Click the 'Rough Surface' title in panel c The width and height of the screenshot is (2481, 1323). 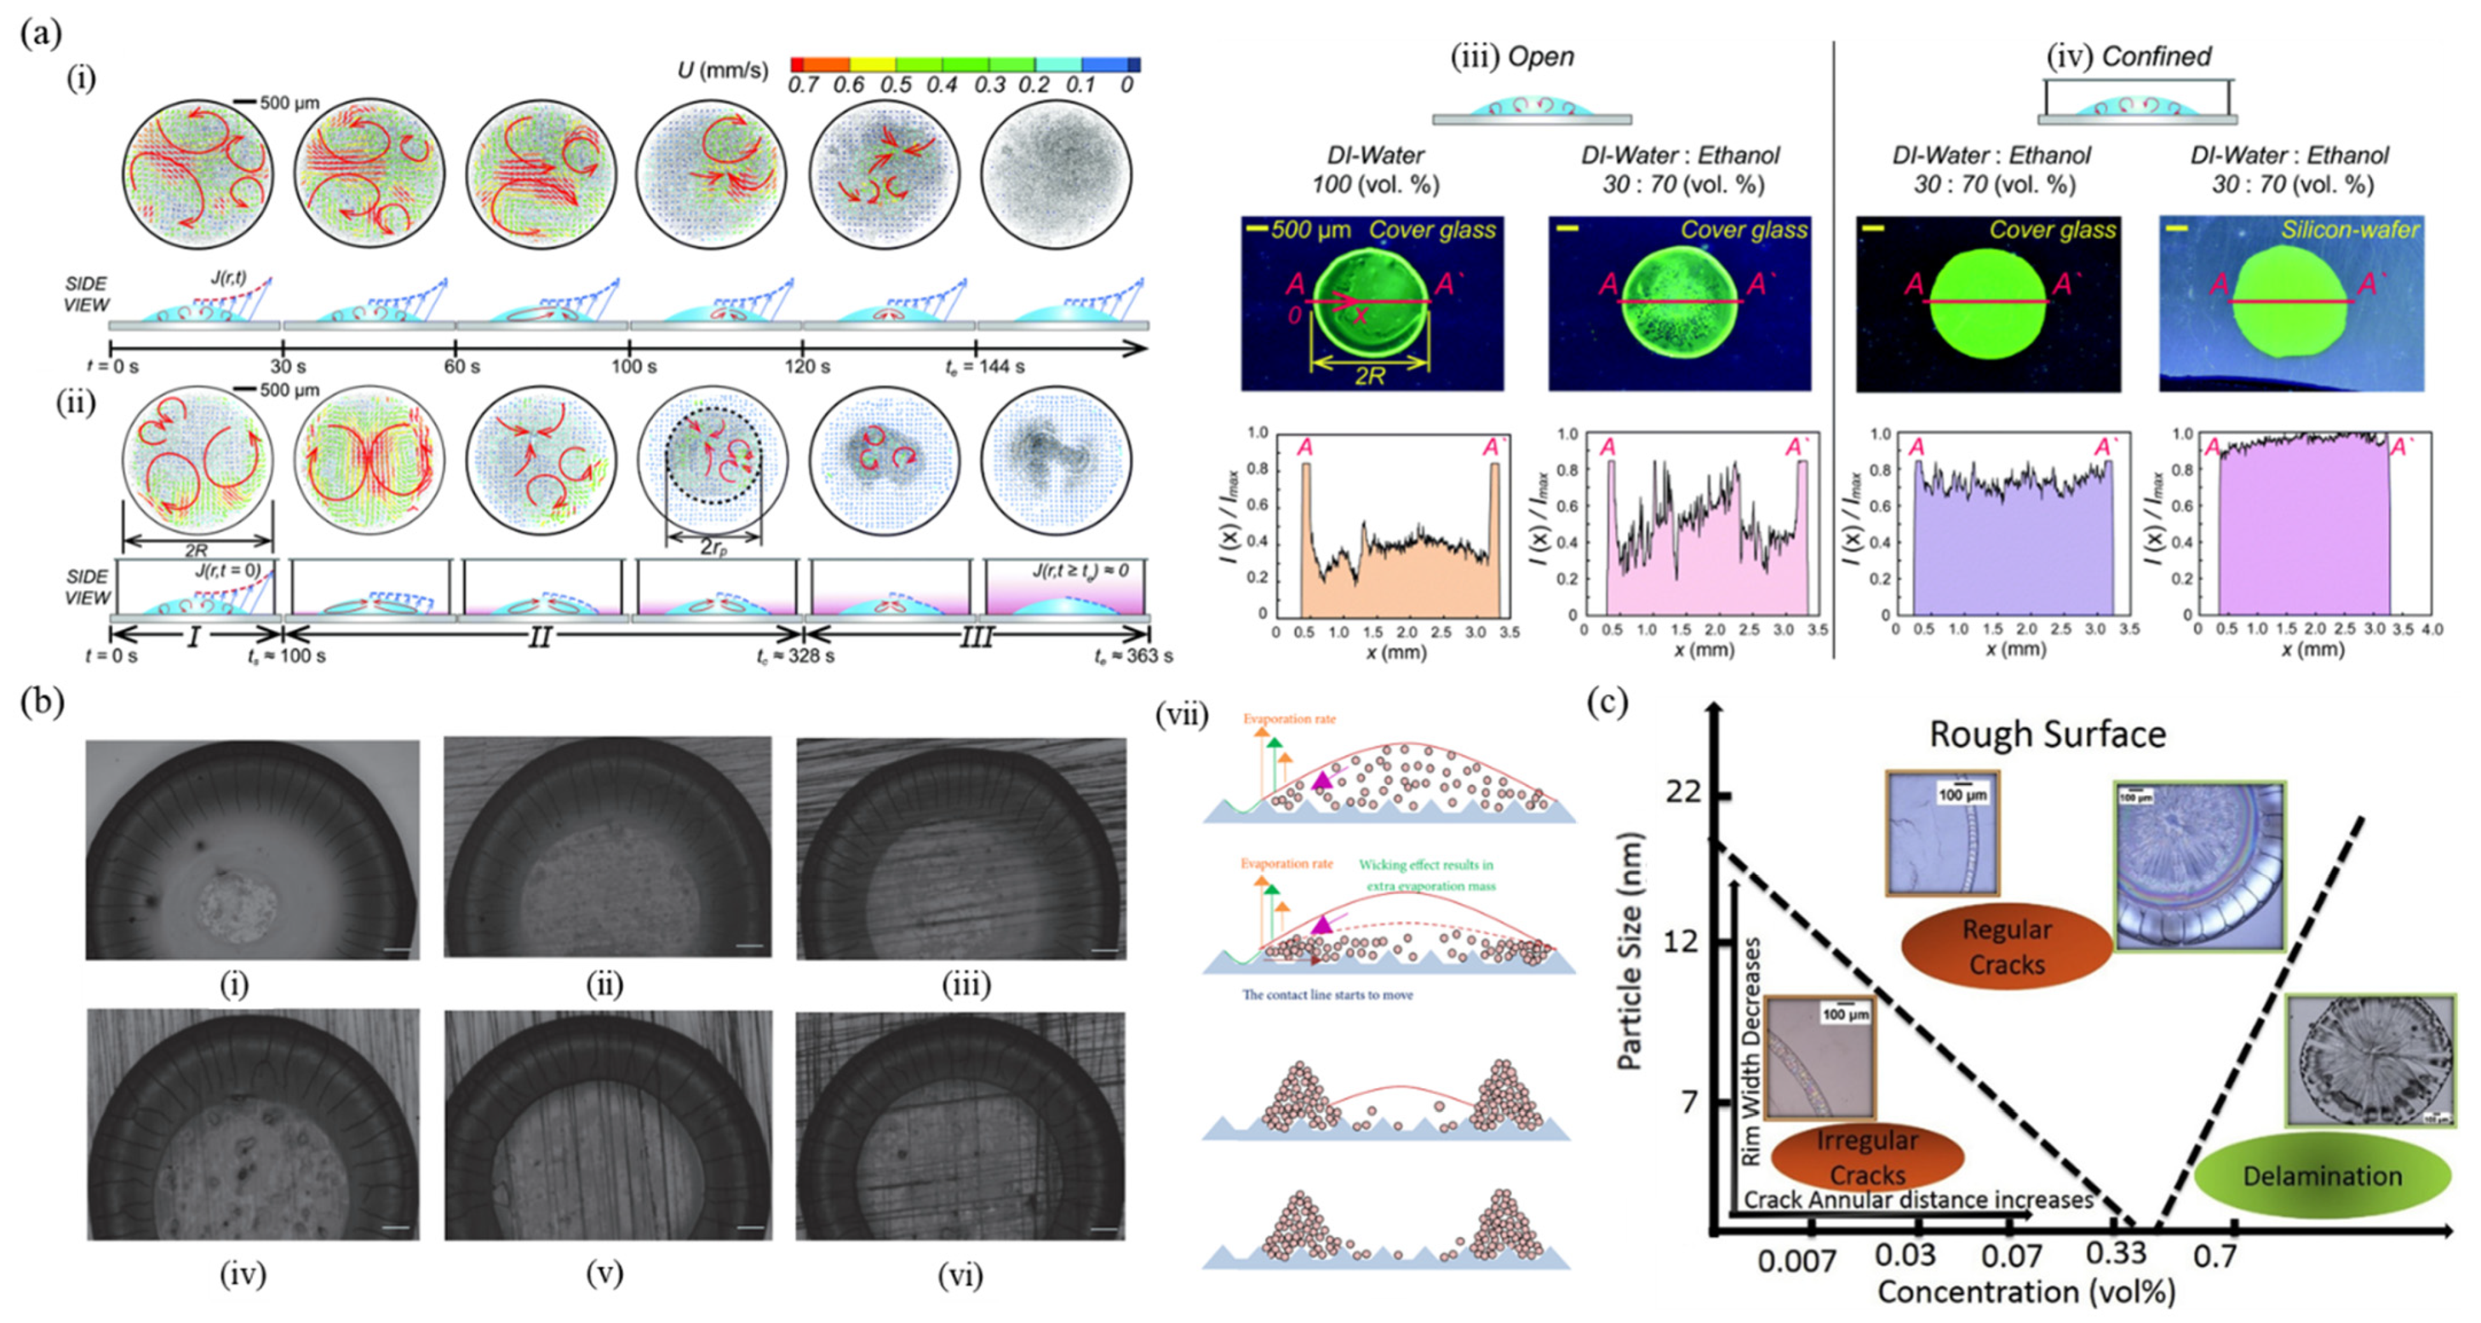2048,735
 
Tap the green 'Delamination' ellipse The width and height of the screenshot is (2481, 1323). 2322,1176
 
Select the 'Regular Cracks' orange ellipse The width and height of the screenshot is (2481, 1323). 2006,947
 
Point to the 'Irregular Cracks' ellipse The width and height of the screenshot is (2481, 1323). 1866,1157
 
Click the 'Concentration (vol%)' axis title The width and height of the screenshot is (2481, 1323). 2026,1292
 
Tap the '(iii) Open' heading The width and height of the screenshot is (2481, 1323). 1512,57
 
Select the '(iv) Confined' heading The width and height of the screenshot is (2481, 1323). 2129,57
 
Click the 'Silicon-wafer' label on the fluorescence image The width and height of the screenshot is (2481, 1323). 2349,229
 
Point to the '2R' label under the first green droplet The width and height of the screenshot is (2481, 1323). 1369,376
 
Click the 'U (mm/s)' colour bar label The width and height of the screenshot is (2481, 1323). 722,69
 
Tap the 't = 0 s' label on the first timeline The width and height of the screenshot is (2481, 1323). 113,366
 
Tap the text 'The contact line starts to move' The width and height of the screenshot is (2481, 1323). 1327,994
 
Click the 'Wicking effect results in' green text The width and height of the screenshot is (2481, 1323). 1426,865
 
